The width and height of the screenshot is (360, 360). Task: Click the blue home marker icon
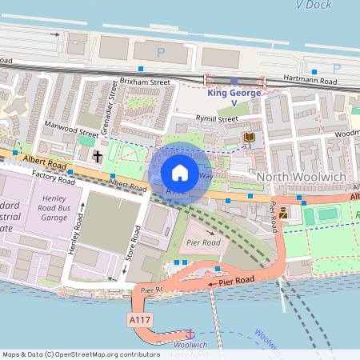[180, 172]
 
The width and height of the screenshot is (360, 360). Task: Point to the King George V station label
[233, 98]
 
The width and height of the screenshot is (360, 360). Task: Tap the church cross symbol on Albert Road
[98, 156]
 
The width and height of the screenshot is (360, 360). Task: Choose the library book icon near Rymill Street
[249, 138]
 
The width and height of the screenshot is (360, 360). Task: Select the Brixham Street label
[146, 82]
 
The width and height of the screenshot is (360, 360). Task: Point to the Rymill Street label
[217, 118]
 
